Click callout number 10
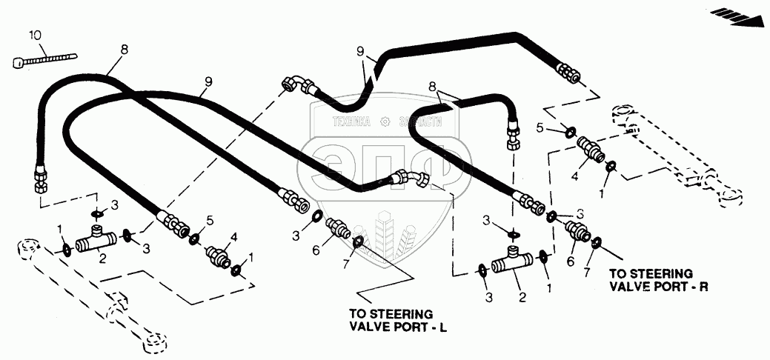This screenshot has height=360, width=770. tap(36, 35)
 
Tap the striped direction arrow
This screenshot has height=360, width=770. tap(737, 15)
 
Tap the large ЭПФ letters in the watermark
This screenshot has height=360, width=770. tap(385, 167)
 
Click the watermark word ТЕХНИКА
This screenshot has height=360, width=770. tap(352, 123)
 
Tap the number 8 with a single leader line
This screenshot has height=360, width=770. tap(124, 50)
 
